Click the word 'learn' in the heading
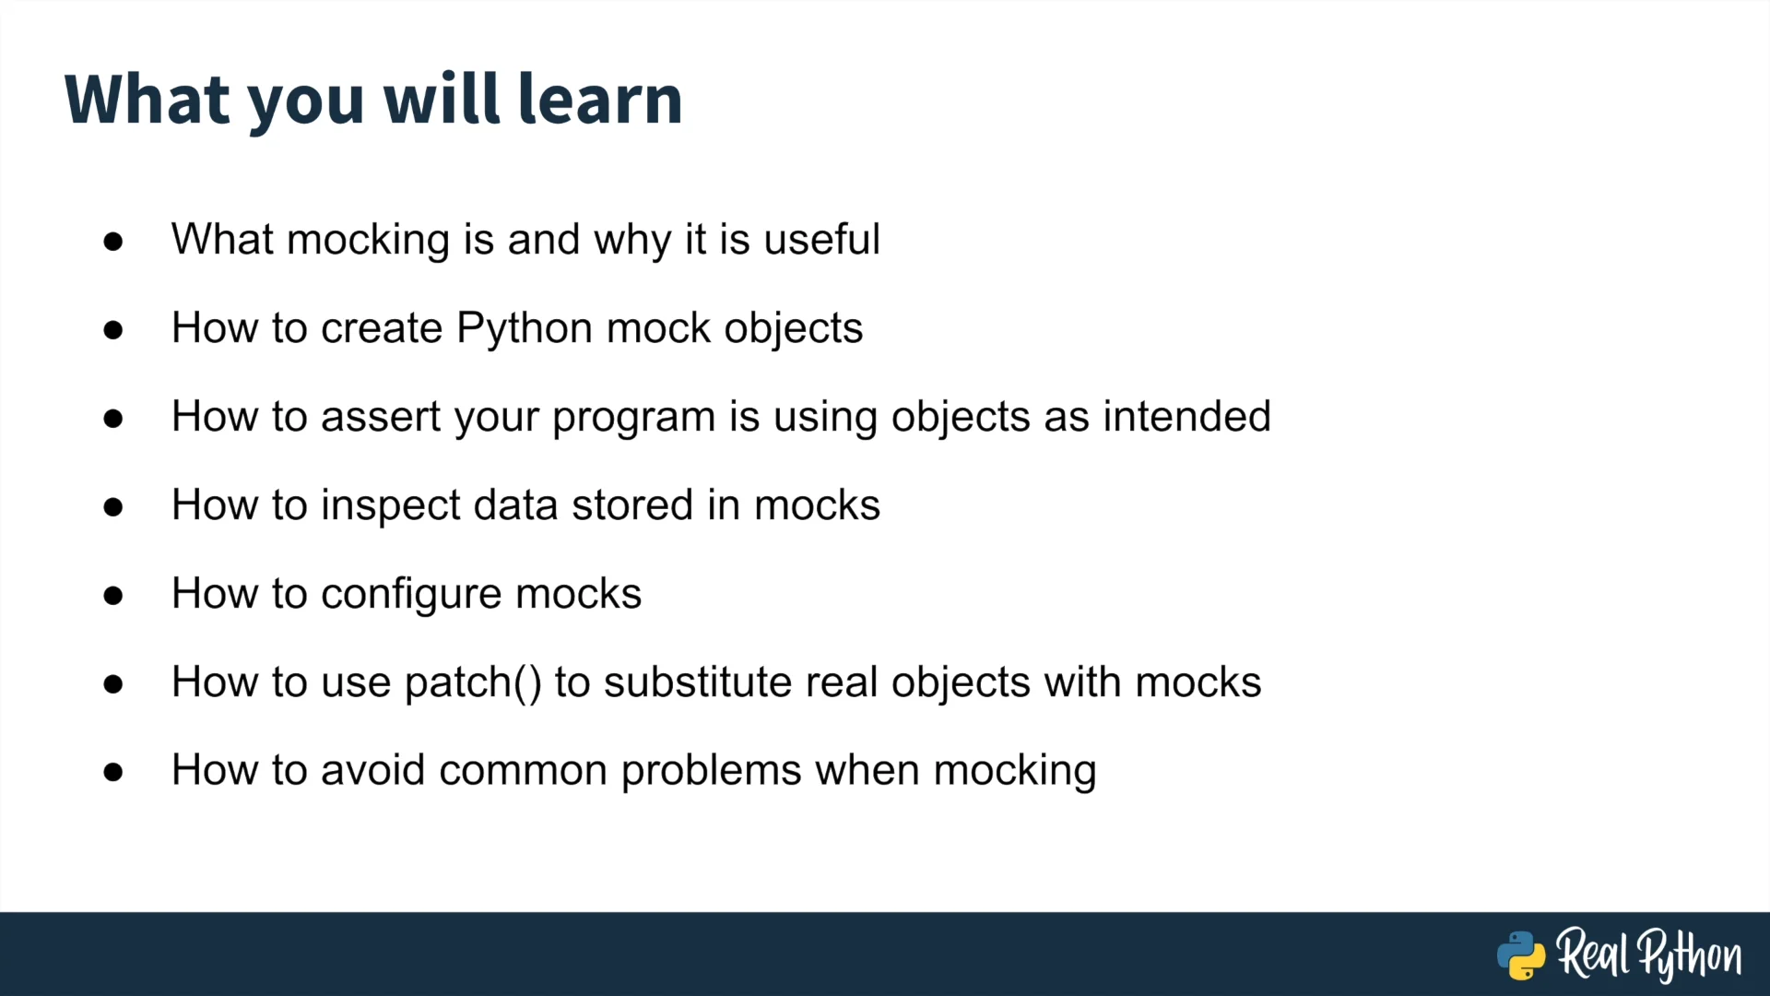pos(600,99)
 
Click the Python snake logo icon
pos(1521,955)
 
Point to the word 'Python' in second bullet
pos(525,329)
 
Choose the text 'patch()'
pos(473,683)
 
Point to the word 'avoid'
pos(372,770)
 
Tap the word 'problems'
pos(712,772)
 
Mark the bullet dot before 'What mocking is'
pos(113,242)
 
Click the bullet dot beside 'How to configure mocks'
pos(113,596)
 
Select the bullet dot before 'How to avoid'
pos(113,772)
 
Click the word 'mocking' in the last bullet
pos(1015,772)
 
